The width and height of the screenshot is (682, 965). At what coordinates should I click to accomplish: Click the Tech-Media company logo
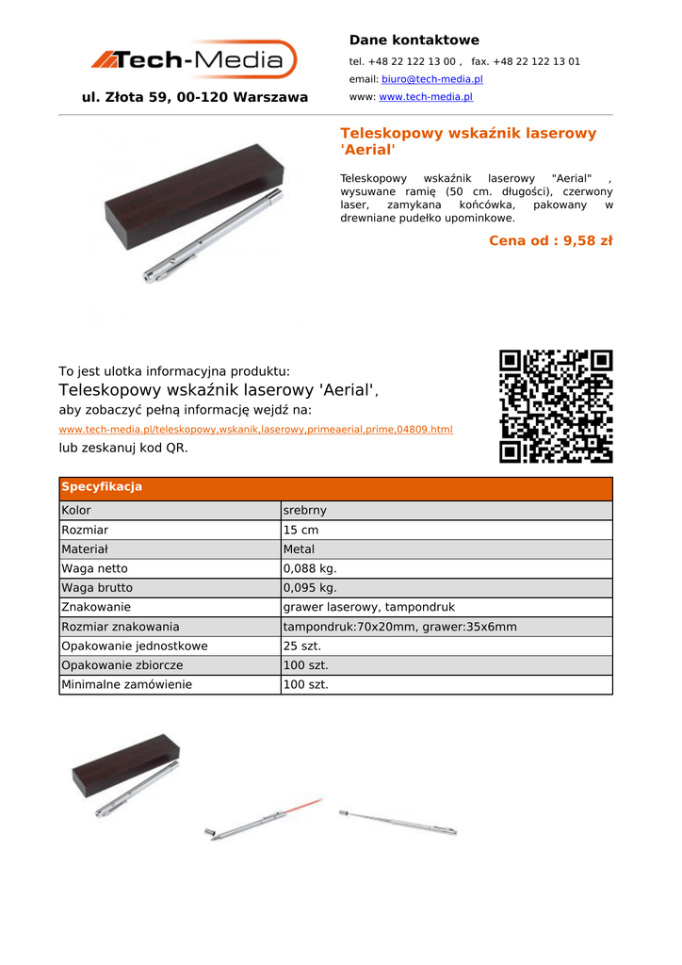[194, 60]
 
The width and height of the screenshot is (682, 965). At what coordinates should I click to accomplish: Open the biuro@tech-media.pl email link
[431, 79]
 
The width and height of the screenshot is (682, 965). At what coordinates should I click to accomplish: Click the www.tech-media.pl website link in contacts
[425, 97]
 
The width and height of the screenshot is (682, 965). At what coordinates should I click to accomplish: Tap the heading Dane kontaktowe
[414, 41]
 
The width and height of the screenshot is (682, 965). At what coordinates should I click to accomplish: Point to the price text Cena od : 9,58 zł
[550, 241]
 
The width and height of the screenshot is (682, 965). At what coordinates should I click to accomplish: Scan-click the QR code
[556, 406]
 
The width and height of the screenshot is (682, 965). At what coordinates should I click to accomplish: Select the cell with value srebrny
[305, 511]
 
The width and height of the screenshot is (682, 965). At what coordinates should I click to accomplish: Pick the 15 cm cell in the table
[301, 531]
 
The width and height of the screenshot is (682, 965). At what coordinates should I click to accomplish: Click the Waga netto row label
[94, 569]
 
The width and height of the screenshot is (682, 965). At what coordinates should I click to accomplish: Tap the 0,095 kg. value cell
[310, 588]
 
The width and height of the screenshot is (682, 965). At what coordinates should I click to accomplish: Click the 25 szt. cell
[302, 646]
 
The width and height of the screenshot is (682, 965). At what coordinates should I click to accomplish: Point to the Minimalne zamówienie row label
[126, 685]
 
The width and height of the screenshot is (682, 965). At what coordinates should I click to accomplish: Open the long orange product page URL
[255, 430]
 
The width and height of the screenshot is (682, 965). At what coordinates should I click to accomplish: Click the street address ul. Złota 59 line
[195, 97]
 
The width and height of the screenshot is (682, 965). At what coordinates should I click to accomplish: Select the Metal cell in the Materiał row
[300, 549]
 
